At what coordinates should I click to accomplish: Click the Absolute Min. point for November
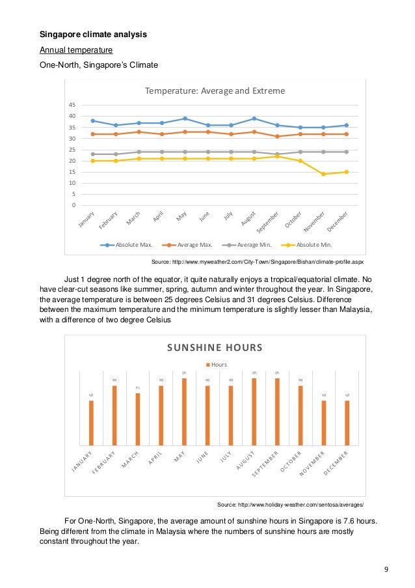(323, 174)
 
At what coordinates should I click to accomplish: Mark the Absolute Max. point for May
(185, 119)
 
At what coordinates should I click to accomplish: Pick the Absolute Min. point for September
(277, 156)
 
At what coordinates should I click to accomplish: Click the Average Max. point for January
(92, 134)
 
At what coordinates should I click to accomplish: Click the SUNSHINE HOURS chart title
(215, 348)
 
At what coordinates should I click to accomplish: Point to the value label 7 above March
(138, 388)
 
